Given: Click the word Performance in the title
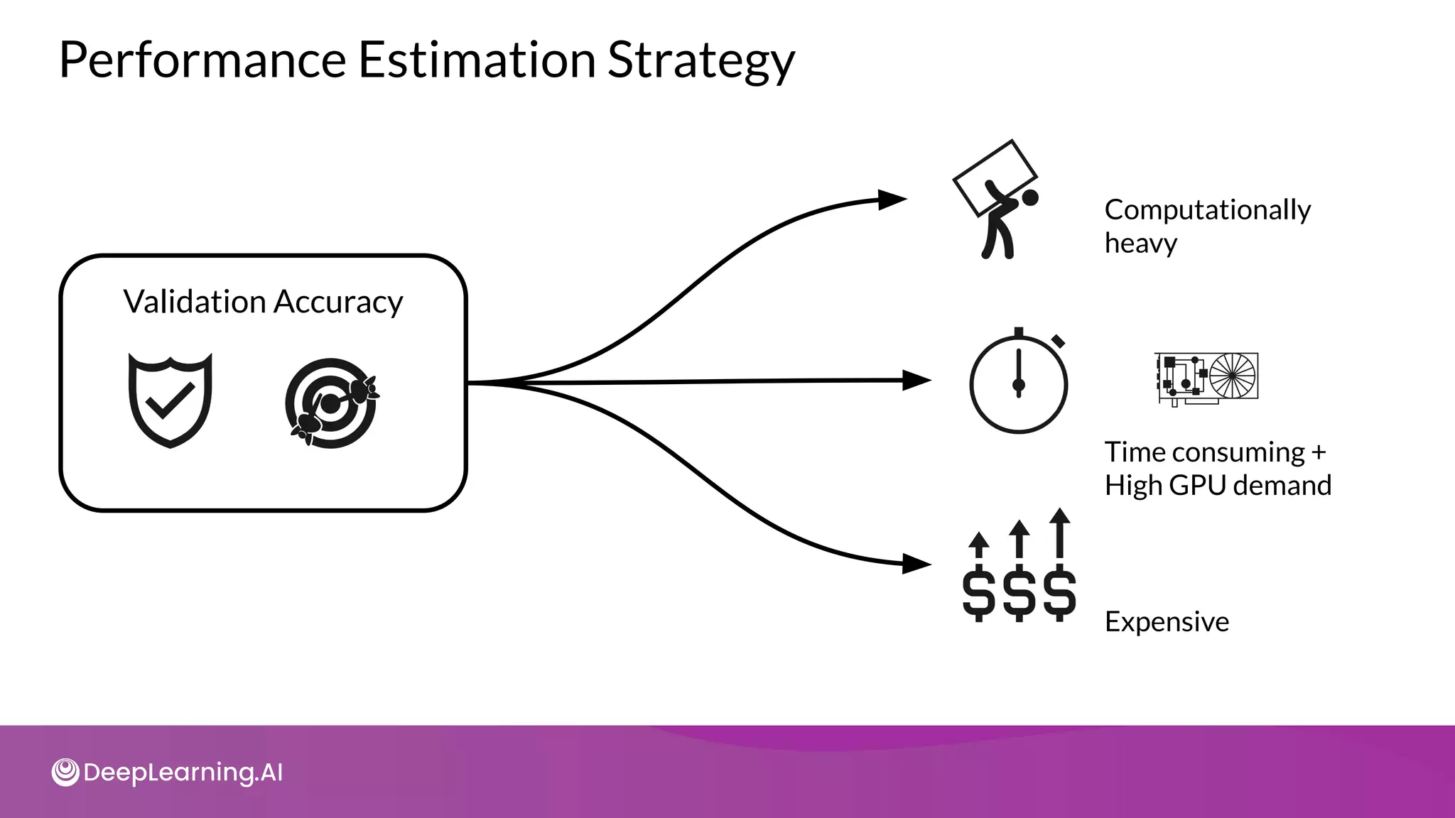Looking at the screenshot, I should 202,60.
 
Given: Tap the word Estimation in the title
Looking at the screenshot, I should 476,60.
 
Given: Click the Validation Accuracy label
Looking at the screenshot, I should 263,302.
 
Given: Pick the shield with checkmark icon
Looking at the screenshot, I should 171,400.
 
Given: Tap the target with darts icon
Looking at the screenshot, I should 332,403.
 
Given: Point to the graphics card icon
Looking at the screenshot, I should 1206,378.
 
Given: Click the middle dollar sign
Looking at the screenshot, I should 1019,593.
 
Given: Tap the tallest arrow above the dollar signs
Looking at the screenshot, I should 1059,533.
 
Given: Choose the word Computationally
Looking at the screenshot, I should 1207,210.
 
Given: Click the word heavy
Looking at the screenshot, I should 1140,244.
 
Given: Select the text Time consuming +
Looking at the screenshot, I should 1215,452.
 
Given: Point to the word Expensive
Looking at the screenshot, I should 1167,622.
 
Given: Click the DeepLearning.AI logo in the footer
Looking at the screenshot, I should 168,773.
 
